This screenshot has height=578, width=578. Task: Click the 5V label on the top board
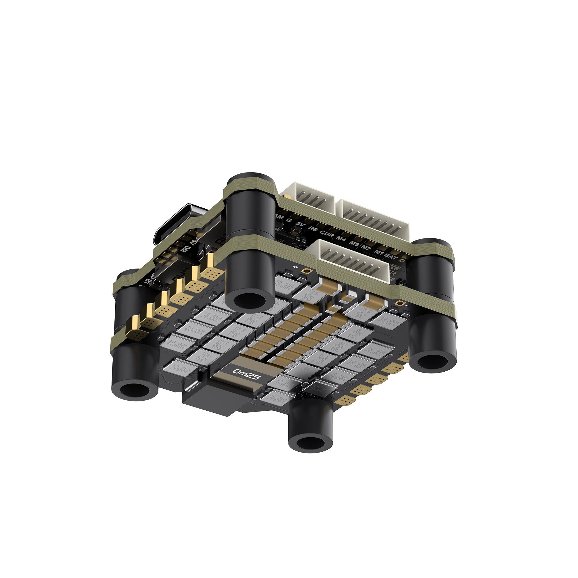[299, 224]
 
